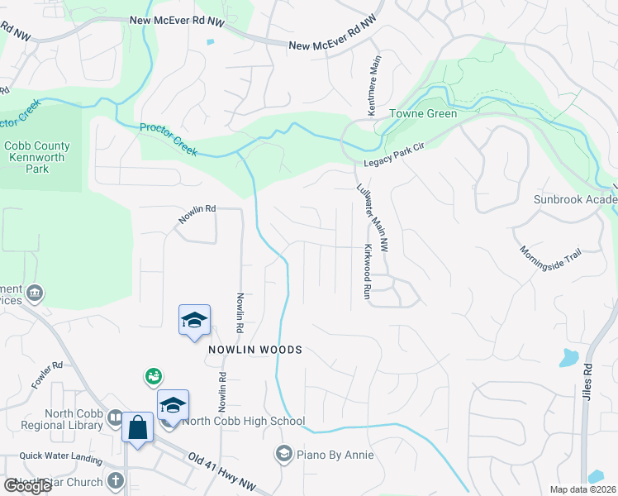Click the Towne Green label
coord(423,114)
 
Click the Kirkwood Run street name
coord(367,271)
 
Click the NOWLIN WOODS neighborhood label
coord(255,350)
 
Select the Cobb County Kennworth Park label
coord(37,158)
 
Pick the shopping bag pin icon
coord(137,428)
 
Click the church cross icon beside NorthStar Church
coord(115,479)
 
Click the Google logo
coord(27,486)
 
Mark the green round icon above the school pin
coord(152,377)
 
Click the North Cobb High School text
coord(244,421)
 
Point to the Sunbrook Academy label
coord(574,200)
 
